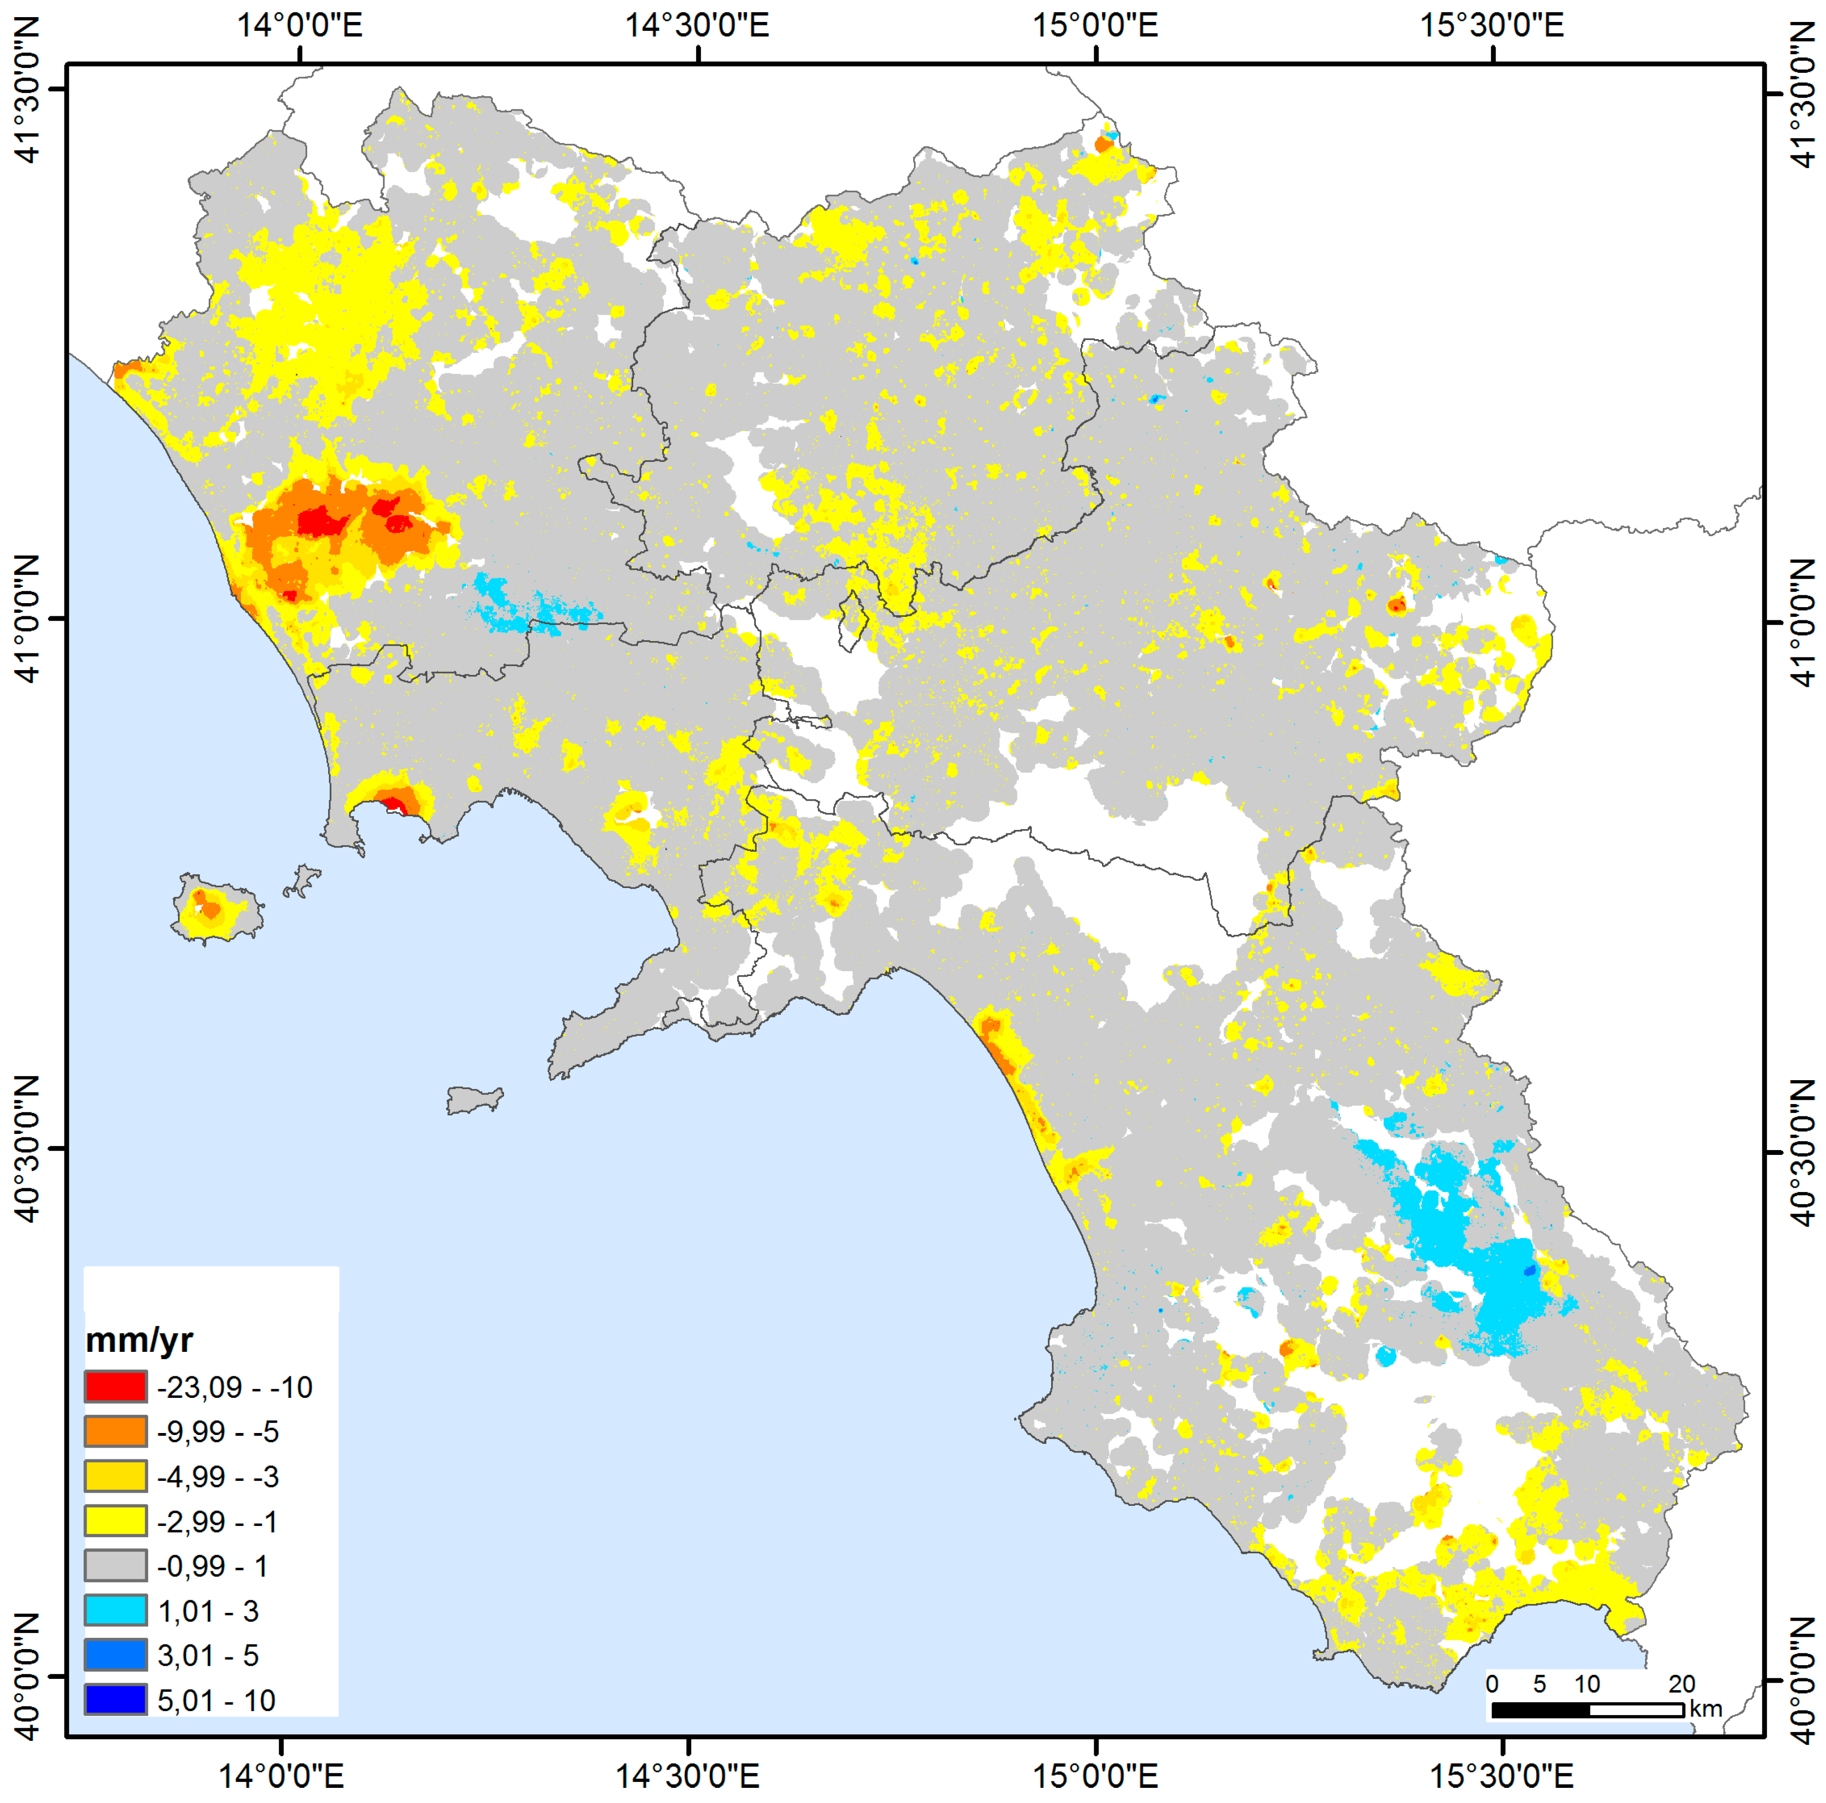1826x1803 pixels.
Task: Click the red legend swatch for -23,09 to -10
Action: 115,1386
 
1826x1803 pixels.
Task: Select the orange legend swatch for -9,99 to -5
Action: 115,1431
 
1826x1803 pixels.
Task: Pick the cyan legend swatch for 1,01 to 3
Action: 115,1610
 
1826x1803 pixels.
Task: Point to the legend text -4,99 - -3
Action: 218,1476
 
